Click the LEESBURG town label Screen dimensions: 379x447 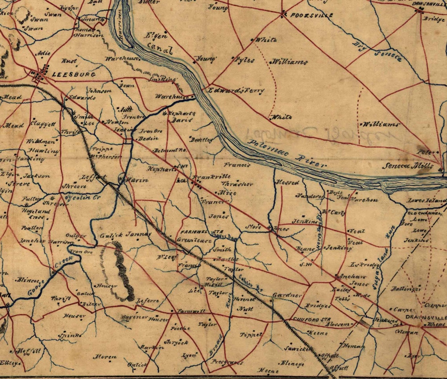pyautogui.click(x=68, y=74)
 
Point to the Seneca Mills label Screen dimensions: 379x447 pyautogui.click(x=413, y=166)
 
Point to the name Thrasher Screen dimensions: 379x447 pyautogui.click(x=237, y=184)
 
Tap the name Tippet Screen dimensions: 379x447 pyautogui.click(x=251, y=335)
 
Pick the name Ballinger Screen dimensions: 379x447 pyautogui.click(x=406, y=289)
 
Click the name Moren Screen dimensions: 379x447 pyautogui.click(x=105, y=357)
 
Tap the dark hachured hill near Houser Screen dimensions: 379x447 pyautogui.click(x=121, y=270)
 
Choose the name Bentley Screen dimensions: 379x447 pyautogui.click(x=202, y=139)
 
